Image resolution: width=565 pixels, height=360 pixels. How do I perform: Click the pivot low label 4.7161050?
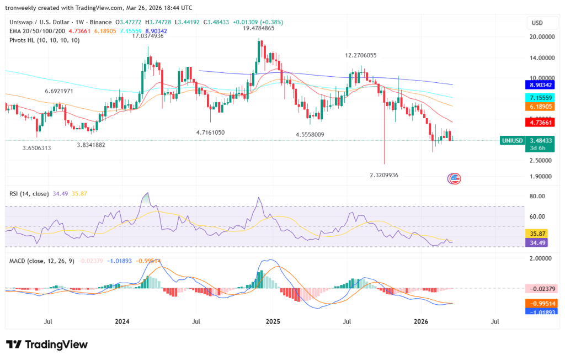[x=217, y=133]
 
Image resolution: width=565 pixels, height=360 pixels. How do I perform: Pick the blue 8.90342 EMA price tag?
[x=538, y=85]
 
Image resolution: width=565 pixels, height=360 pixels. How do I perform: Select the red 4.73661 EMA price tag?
[x=538, y=122]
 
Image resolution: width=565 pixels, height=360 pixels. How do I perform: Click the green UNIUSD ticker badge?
[x=512, y=141]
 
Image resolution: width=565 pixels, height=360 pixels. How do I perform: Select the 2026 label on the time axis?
[x=421, y=321]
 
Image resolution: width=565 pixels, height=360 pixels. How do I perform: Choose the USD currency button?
[x=537, y=23]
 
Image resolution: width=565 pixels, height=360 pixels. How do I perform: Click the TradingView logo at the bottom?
[x=47, y=345]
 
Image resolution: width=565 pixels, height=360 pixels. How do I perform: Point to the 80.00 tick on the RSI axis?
[x=537, y=197]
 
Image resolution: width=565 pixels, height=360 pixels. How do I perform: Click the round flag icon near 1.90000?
[x=454, y=178]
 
